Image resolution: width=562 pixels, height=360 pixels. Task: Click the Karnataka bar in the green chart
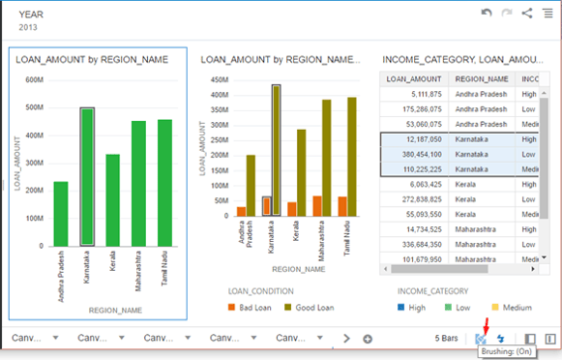coord(87,176)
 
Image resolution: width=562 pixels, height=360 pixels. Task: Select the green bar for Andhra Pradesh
coord(61,213)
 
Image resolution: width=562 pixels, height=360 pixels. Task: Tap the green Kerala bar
coord(113,199)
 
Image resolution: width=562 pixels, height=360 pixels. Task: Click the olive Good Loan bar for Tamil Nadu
coord(352,156)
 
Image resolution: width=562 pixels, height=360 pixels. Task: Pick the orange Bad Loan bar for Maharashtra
coord(316,205)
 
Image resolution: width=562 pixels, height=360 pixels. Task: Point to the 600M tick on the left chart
coord(34,80)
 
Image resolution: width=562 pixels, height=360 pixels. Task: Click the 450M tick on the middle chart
coord(220,80)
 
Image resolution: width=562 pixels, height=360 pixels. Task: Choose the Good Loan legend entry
coord(310,307)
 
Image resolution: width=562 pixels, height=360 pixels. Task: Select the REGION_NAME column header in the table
coord(483,78)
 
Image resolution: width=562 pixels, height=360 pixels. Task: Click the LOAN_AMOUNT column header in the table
coord(414,78)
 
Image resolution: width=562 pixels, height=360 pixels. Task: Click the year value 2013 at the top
coord(29,28)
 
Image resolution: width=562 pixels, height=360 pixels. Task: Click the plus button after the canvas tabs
coord(368,339)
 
